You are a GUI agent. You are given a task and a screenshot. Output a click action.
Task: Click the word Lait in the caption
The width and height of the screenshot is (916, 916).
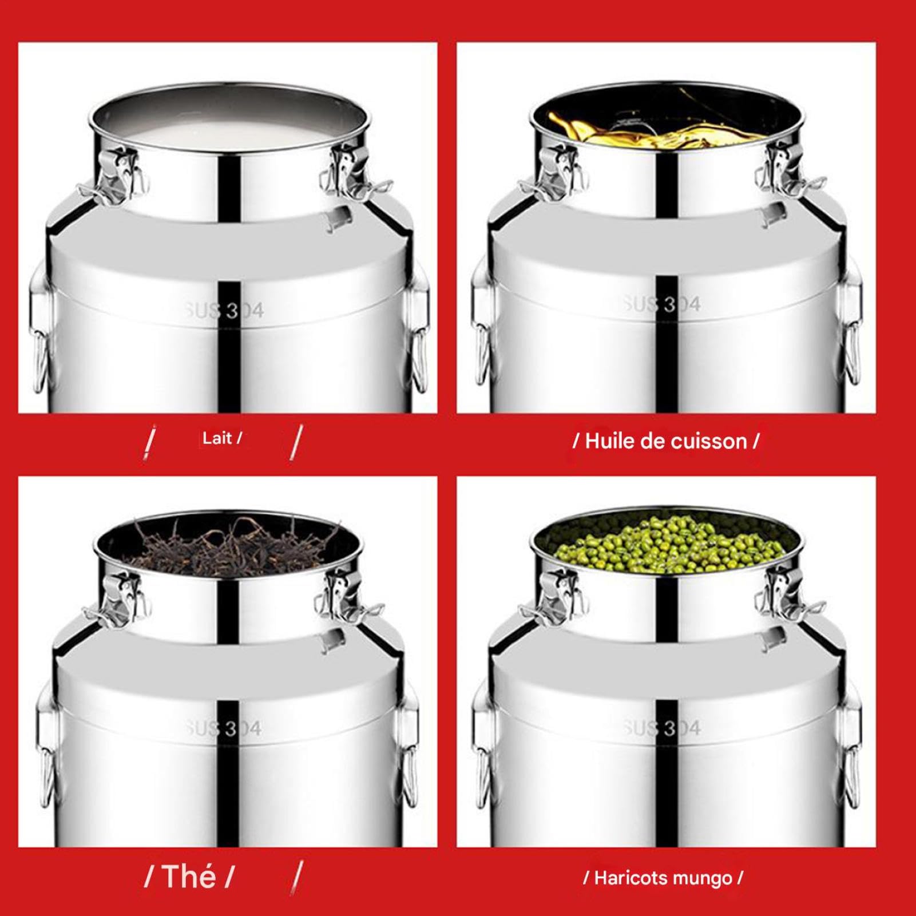(x=217, y=439)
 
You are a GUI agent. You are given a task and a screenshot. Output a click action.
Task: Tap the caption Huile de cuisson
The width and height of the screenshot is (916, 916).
(x=666, y=442)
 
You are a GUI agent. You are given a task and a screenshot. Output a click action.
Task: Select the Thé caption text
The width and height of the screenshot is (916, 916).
(x=189, y=876)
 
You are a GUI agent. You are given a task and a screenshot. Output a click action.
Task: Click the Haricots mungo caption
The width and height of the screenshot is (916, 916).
(x=663, y=878)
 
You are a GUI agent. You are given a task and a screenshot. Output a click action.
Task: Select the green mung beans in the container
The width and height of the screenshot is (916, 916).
(x=667, y=544)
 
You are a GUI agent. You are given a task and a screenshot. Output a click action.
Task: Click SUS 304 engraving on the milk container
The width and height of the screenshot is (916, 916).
(x=224, y=311)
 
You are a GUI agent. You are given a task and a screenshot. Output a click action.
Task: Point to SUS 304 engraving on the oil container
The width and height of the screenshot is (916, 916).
(x=662, y=304)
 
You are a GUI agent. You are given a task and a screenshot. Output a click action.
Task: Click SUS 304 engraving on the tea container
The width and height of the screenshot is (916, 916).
(x=224, y=728)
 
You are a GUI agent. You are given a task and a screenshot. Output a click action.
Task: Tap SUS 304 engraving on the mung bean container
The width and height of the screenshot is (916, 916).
(x=662, y=728)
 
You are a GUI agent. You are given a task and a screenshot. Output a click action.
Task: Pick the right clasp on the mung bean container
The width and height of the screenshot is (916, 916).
(x=787, y=595)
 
